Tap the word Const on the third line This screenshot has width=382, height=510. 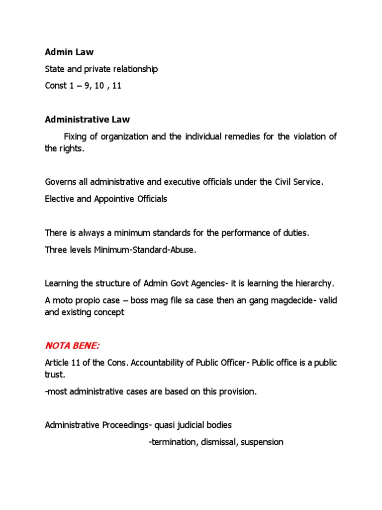tap(56, 86)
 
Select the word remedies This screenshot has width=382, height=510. tap(240, 137)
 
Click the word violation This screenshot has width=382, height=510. tap(309, 137)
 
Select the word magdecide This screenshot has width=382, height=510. tap(273, 300)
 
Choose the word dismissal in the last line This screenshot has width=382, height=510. tap(219, 442)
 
